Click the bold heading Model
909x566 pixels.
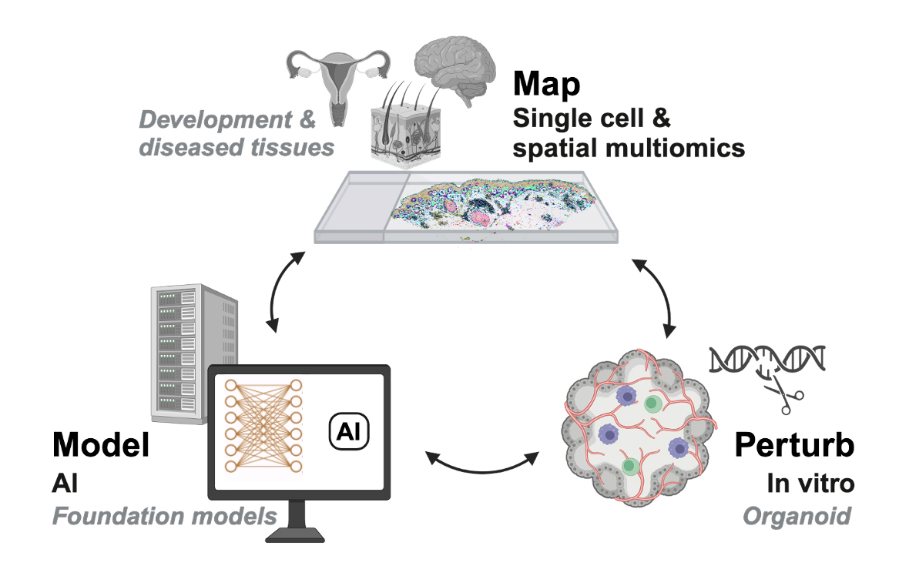coord(100,447)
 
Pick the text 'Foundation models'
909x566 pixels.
coord(164,515)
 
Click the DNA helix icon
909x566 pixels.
coord(767,357)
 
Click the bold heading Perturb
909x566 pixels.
coord(793,447)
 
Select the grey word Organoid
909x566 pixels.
coord(797,515)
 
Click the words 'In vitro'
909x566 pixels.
coord(810,483)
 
